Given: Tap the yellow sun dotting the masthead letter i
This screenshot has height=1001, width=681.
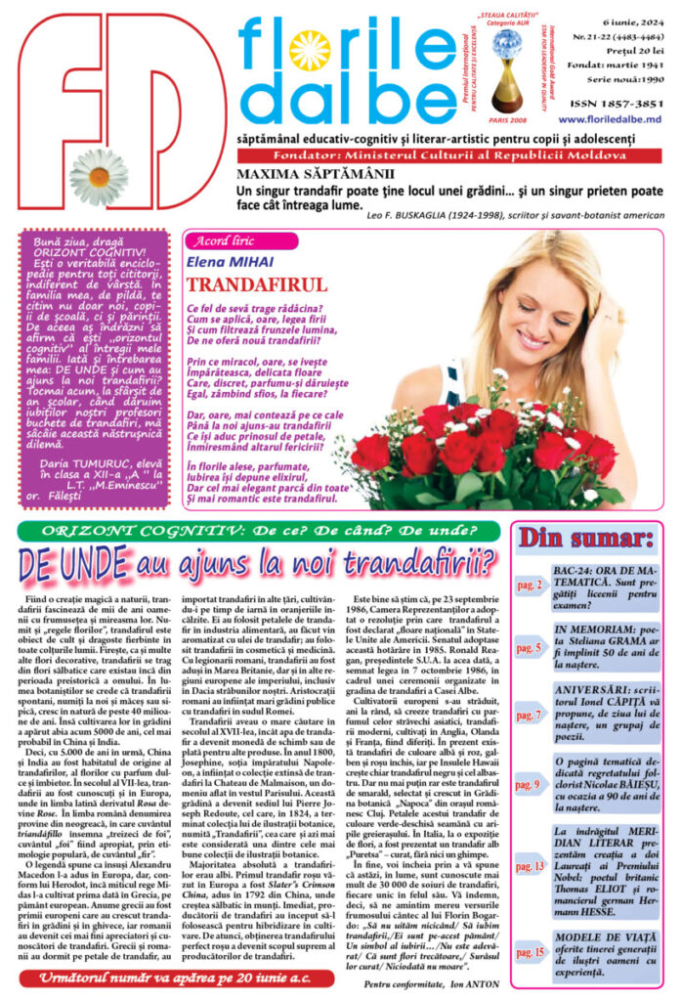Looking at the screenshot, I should coord(309,50).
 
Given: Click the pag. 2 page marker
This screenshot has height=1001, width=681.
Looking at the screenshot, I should coord(529,586).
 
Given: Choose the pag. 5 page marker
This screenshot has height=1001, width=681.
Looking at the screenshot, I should coord(529,647).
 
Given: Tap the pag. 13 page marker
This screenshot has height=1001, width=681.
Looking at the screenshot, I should coord(529,865).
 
